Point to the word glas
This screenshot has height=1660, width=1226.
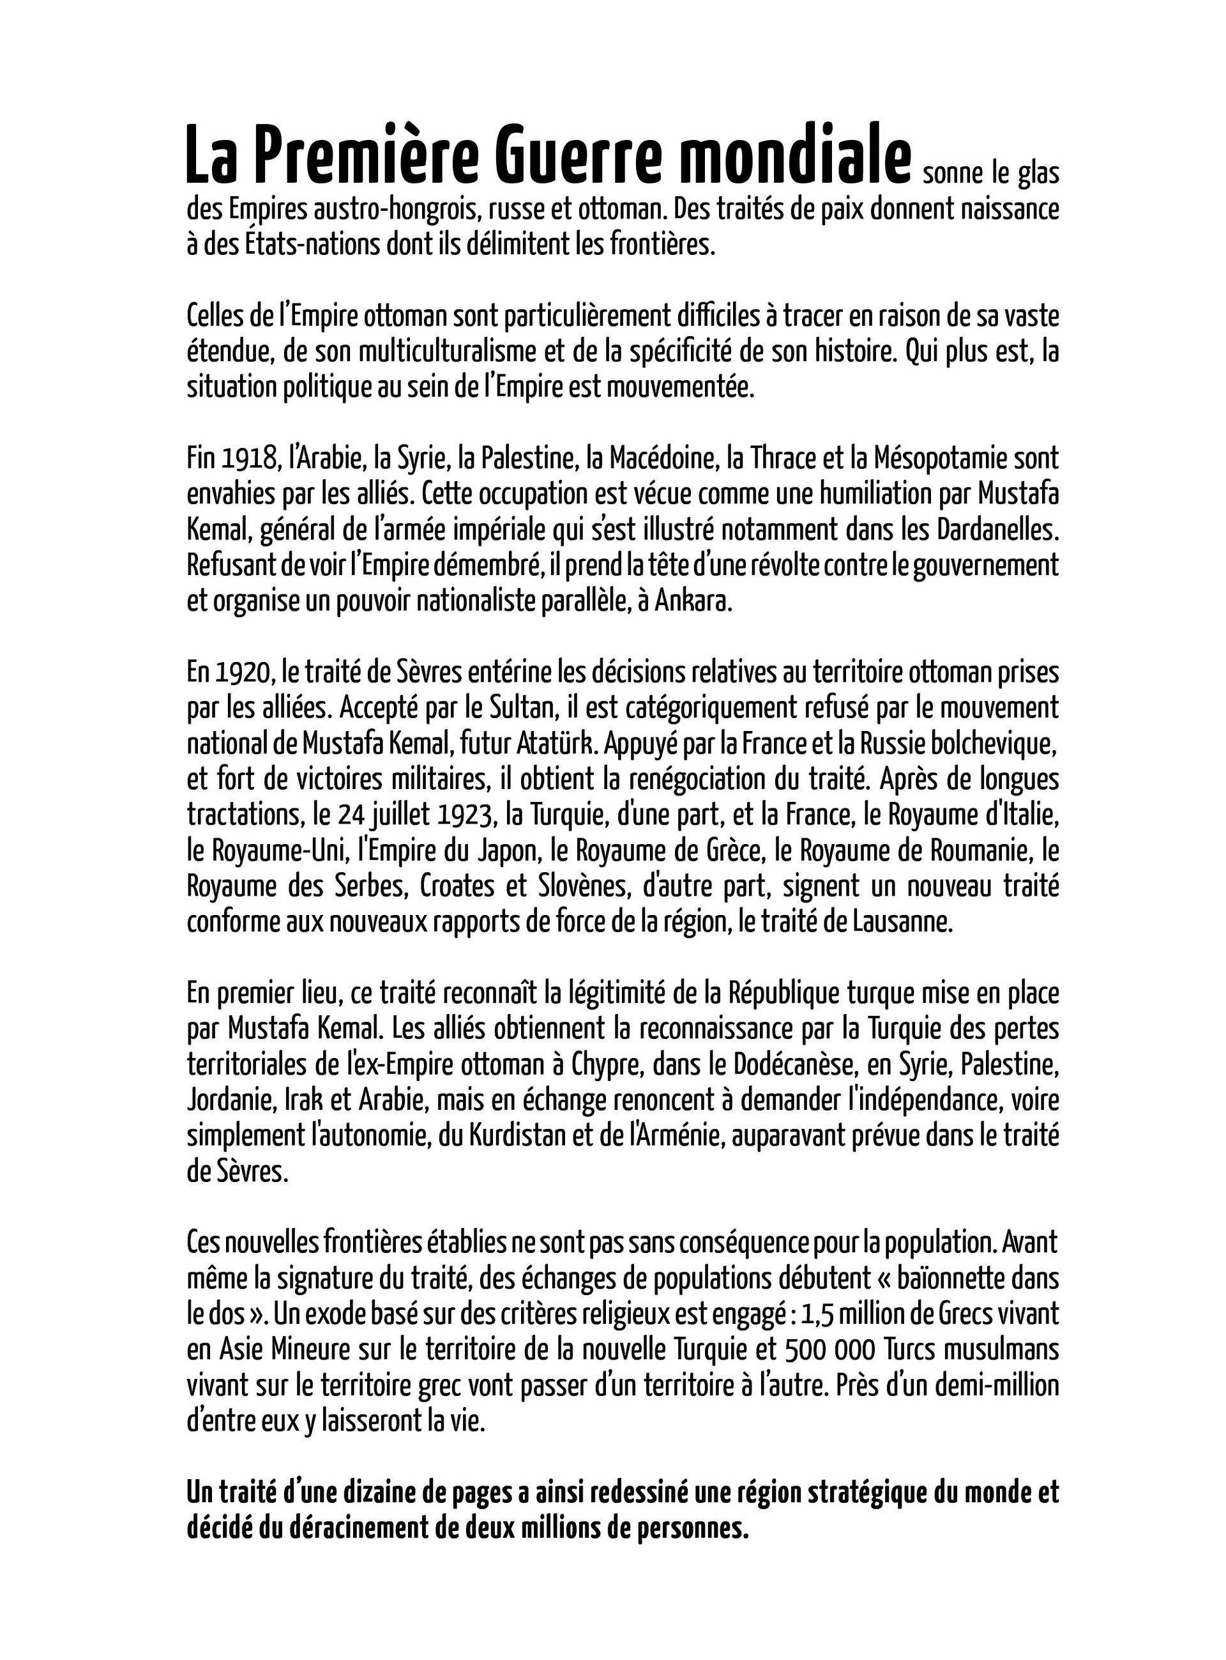[x=1038, y=175]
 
